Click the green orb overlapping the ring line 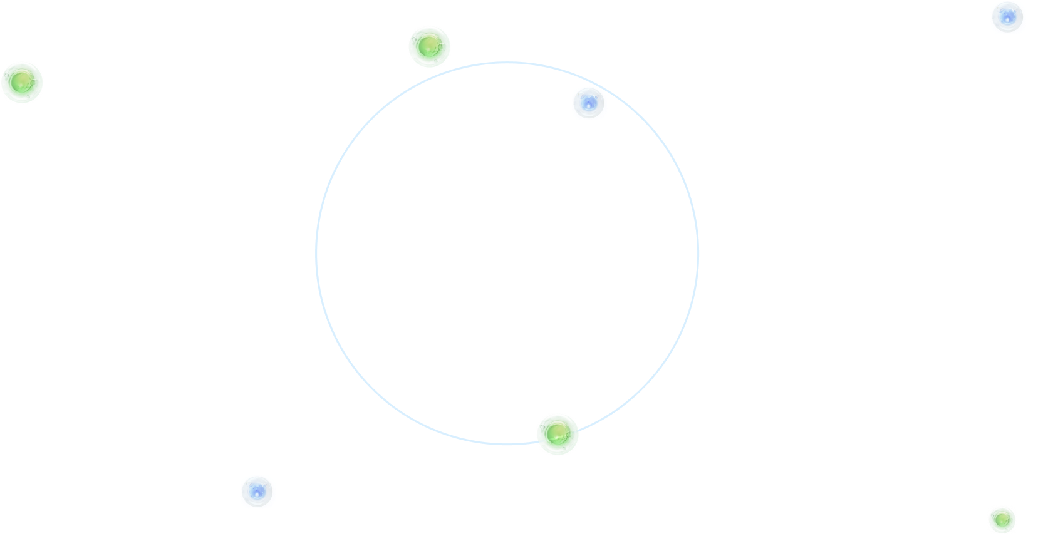[558, 434]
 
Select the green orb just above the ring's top [429, 46]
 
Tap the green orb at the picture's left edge [22, 82]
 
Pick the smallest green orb [1002, 520]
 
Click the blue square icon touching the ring [589, 103]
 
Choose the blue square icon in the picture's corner [1008, 18]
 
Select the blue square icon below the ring [257, 492]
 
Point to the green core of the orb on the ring [555, 433]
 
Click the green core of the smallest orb [1001, 520]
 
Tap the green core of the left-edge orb [21, 81]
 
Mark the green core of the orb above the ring [427, 46]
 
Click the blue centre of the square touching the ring [588, 103]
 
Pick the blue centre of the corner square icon [1007, 18]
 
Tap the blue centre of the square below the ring [256, 492]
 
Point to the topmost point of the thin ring [507, 62]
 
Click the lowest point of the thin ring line [507, 445]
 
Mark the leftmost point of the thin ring [316, 253]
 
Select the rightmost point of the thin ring [698, 253]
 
